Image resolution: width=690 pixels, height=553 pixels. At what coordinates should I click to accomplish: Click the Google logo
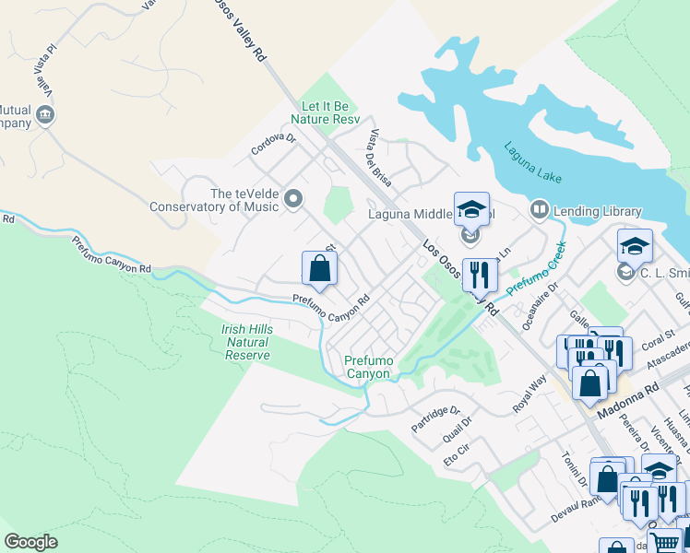[x=30, y=542]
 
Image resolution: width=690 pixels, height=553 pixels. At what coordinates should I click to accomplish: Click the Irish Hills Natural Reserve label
[x=247, y=342]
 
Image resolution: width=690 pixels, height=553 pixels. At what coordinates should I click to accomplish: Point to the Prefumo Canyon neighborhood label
[x=367, y=367]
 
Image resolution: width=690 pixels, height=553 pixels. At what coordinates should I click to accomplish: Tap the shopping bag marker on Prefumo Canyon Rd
[x=319, y=268]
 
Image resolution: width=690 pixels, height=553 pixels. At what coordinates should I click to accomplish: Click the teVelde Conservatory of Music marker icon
[x=294, y=199]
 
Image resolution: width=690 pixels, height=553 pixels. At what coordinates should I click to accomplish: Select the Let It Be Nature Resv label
[x=324, y=112]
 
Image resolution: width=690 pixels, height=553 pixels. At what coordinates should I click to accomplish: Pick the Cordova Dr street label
[x=274, y=145]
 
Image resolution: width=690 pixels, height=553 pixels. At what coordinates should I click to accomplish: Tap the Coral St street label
[x=660, y=335]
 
